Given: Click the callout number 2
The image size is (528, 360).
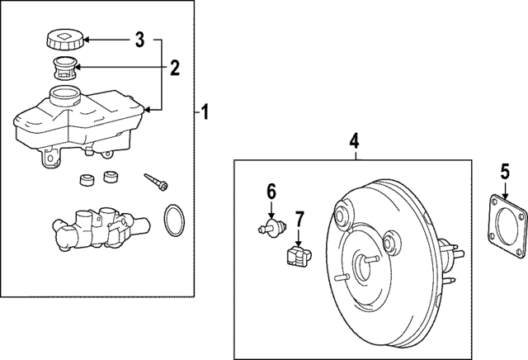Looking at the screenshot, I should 174,67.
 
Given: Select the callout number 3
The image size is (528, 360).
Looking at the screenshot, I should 139,39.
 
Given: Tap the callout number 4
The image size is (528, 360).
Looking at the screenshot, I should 354,141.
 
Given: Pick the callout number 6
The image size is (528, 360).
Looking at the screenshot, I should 270,192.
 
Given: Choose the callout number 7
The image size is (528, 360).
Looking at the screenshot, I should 299,219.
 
